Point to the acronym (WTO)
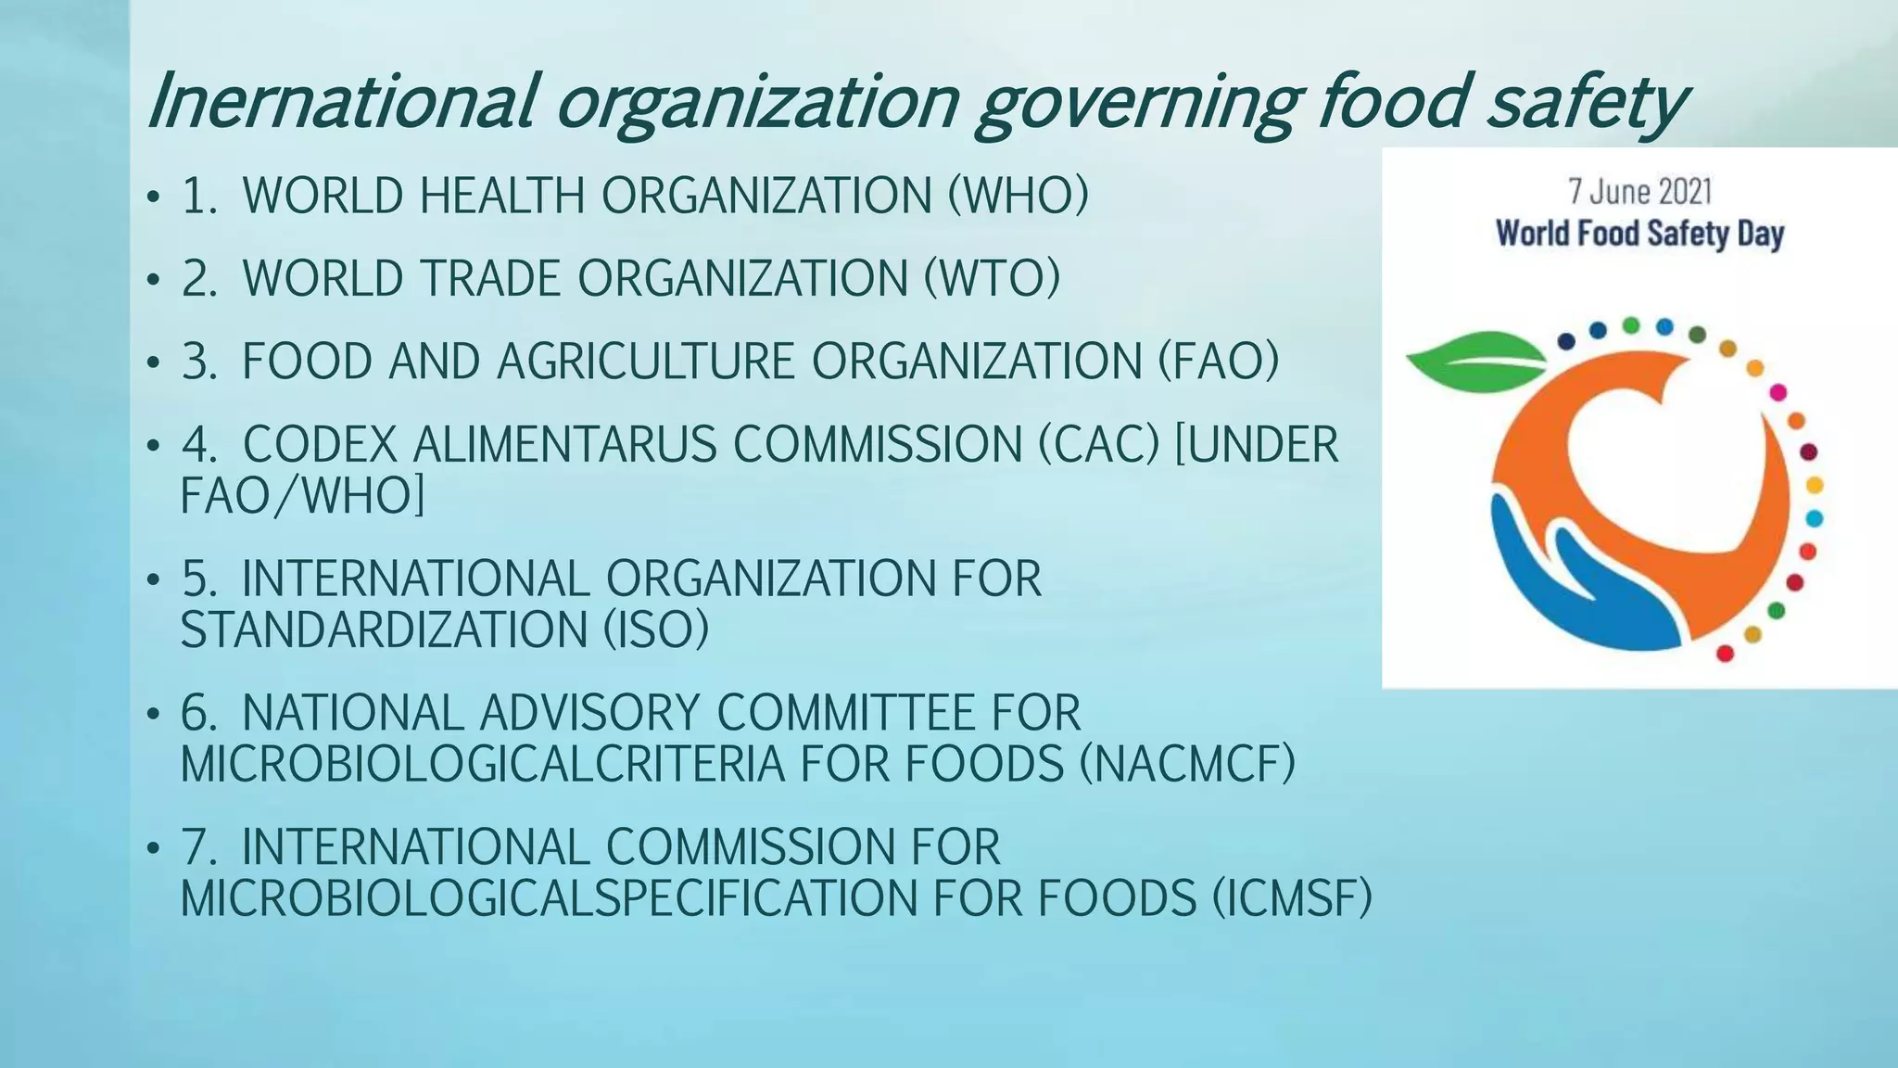[x=992, y=278]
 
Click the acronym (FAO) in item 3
[x=1219, y=361]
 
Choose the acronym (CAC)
[x=1098, y=444]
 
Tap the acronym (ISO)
[x=656, y=629]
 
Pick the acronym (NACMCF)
[x=1187, y=764]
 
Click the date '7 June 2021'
[x=1639, y=191]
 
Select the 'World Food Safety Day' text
[x=1639, y=233]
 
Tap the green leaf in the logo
[x=1474, y=362]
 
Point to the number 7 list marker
[x=197, y=847]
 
